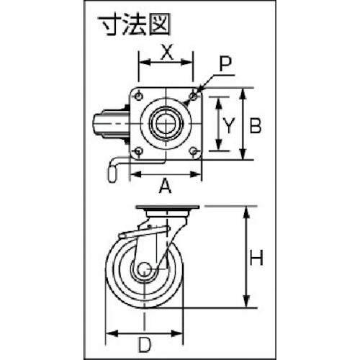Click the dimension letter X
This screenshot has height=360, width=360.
166,51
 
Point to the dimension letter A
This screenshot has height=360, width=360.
165,187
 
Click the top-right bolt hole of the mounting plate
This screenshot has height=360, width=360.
193,95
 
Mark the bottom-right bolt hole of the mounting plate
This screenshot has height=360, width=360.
193,151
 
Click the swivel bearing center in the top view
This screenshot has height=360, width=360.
165,123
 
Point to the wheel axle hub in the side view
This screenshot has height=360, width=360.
143,271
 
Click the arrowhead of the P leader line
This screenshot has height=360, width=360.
195,93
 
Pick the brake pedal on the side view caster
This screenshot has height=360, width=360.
130,235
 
